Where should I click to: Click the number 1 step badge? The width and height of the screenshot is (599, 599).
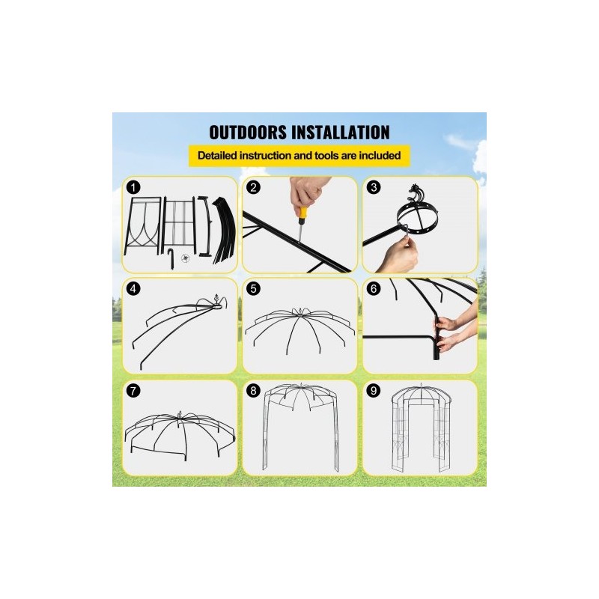tap(133, 188)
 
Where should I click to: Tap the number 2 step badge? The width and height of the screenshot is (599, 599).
tap(253, 188)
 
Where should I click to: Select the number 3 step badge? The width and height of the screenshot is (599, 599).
tap(373, 188)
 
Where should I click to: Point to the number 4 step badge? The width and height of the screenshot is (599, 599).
tap(133, 289)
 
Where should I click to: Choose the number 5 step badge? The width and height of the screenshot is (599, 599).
tap(253, 289)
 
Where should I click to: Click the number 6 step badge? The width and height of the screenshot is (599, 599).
tap(373, 289)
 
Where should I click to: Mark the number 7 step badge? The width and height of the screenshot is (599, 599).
tap(133, 391)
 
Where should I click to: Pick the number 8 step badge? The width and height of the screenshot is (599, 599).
tap(253, 391)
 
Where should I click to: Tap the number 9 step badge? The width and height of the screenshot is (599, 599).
tap(373, 391)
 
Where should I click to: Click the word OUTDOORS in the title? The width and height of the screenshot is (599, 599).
tap(248, 133)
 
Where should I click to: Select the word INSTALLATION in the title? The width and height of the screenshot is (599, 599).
tap(341, 133)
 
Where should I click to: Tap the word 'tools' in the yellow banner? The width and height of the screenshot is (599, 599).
tap(324, 156)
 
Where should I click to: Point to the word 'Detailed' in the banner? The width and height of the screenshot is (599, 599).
tap(217, 156)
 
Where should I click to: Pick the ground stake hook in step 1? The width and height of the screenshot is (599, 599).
tap(171, 257)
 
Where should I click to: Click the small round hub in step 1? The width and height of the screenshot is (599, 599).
tap(185, 258)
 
